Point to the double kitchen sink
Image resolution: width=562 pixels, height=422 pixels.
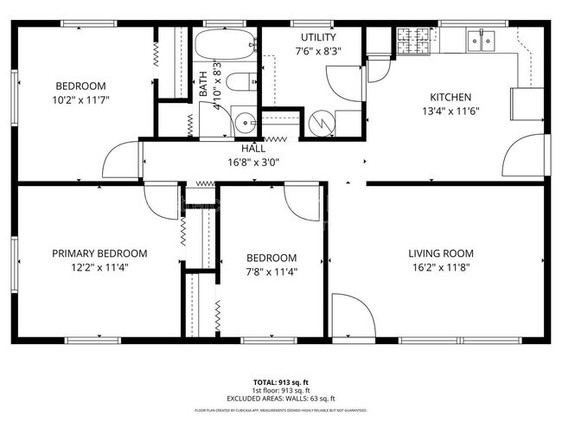click(481, 39)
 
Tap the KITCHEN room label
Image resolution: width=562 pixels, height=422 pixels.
click(450, 98)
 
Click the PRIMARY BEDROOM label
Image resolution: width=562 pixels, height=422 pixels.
click(99, 253)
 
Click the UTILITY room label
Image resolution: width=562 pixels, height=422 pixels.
click(317, 37)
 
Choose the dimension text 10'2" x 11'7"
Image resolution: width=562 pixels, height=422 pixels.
click(80, 99)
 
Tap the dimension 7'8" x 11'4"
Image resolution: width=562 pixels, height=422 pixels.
click(271, 272)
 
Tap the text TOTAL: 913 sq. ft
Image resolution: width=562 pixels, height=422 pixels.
click(281, 382)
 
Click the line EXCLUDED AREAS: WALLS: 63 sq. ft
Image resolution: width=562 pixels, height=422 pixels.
click(281, 399)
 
